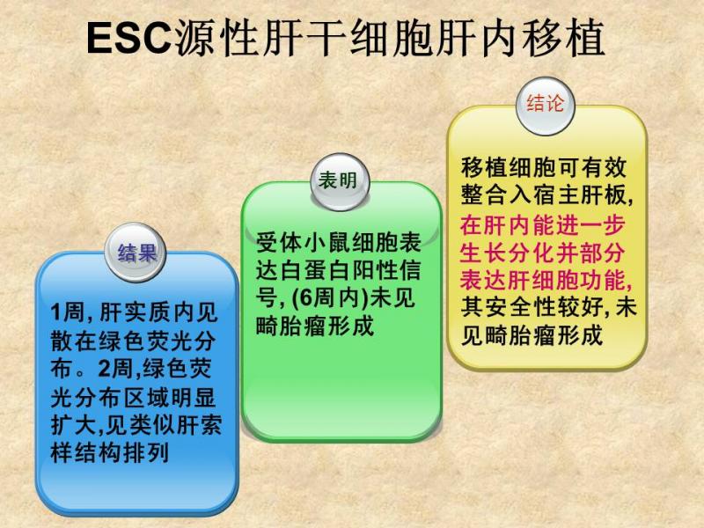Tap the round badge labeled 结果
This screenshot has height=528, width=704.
pos(136,253)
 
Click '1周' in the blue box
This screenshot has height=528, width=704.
pos(68,313)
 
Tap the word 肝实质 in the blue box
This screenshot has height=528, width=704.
pos(136,313)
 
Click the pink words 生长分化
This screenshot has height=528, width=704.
pos(506,253)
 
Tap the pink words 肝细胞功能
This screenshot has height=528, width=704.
pos(568,280)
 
